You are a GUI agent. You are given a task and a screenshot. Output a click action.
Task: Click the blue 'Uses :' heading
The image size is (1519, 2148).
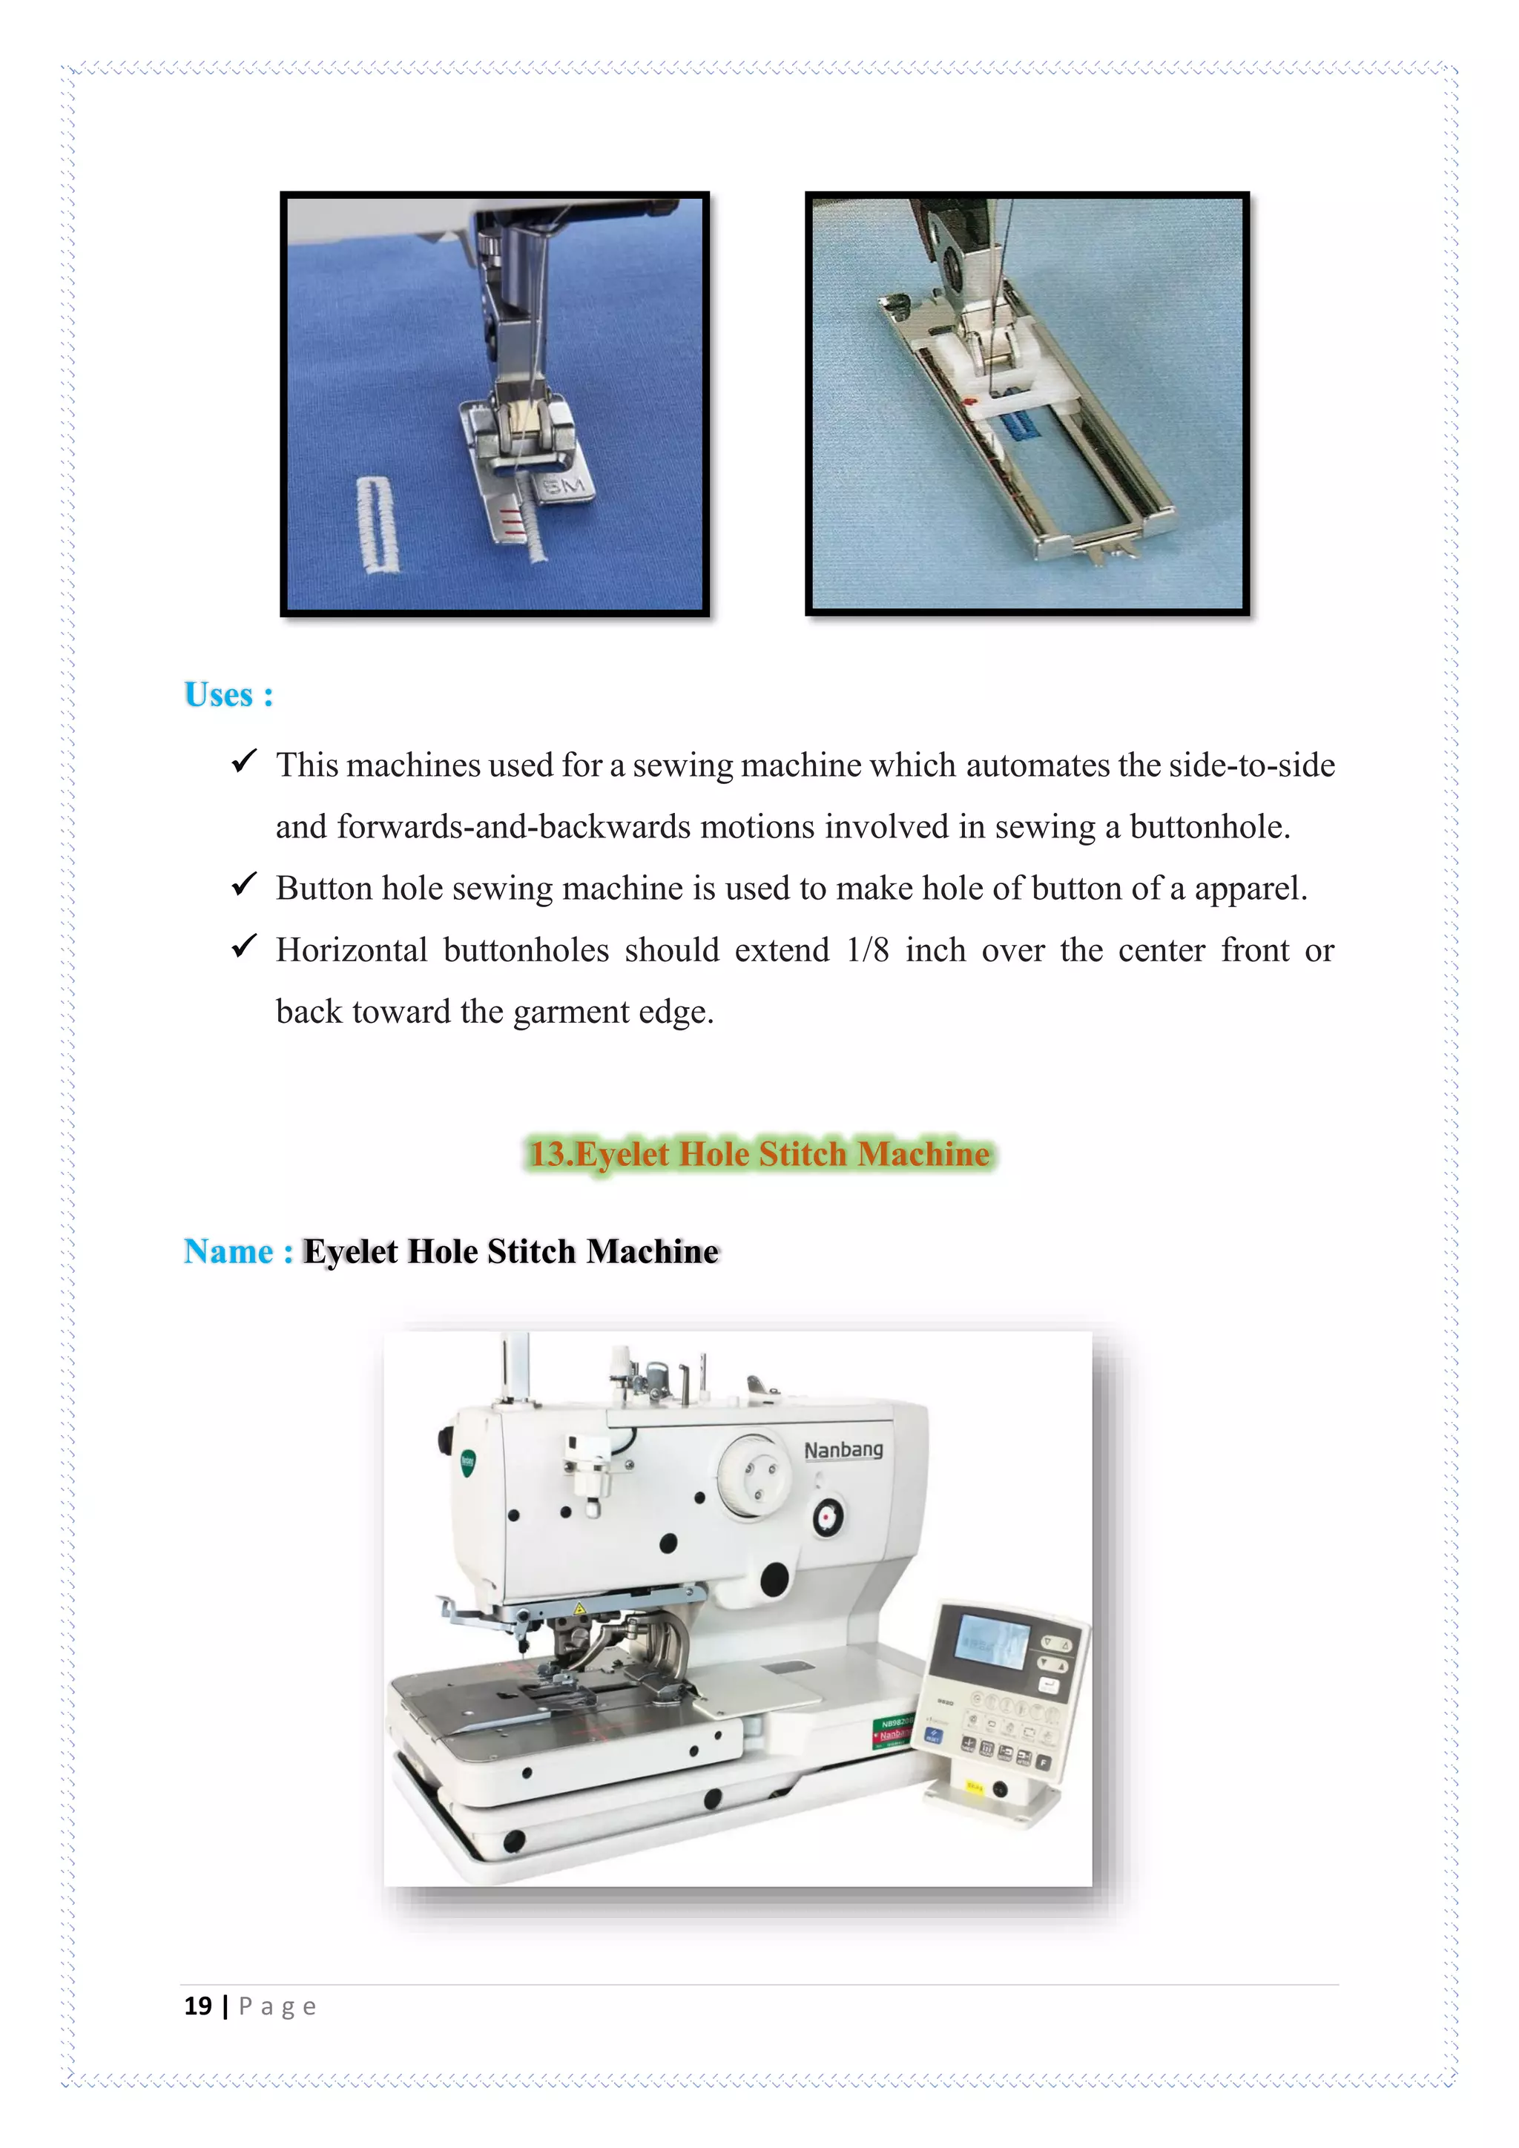pos(228,695)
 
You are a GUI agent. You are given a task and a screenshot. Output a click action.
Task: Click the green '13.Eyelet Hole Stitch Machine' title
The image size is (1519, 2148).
pos(759,1153)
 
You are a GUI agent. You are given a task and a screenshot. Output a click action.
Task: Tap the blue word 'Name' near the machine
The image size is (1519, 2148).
pos(228,1252)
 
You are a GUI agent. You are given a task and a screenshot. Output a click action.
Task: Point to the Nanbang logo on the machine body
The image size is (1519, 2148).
pos(843,1449)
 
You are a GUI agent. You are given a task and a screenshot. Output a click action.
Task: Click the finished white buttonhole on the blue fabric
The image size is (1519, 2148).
pos(378,525)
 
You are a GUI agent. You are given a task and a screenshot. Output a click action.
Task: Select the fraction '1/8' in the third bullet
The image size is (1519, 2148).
pos(867,951)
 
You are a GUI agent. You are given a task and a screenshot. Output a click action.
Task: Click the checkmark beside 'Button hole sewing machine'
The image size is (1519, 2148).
pos(244,884)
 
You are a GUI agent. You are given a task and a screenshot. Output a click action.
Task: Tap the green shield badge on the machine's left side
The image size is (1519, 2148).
pos(469,1461)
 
